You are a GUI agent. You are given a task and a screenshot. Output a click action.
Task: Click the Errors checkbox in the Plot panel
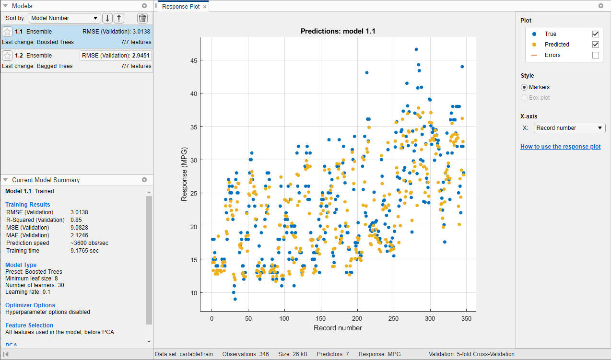(x=596, y=55)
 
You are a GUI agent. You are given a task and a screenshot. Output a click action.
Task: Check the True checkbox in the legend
(x=596, y=34)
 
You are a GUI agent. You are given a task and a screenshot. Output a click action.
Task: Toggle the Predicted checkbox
(x=596, y=45)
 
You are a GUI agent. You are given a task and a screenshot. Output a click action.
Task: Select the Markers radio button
(x=524, y=87)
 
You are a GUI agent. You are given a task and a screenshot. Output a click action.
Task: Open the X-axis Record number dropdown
(x=569, y=128)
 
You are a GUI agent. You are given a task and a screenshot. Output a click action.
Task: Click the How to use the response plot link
(x=560, y=147)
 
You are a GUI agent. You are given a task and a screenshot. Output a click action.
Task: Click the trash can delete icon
(x=142, y=18)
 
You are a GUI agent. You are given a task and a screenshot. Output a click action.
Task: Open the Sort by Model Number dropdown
(x=65, y=18)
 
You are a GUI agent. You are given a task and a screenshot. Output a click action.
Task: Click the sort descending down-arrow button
(x=107, y=18)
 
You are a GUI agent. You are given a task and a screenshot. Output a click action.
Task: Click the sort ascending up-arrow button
(x=119, y=18)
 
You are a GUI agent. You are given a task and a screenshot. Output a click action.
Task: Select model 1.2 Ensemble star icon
(x=7, y=56)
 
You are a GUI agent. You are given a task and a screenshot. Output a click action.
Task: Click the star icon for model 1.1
(x=7, y=32)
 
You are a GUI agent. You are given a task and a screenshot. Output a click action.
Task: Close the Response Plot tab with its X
(x=205, y=7)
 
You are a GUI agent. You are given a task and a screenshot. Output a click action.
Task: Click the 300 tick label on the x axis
(x=430, y=319)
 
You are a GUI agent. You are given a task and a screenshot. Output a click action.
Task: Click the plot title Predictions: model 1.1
(x=338, y=31)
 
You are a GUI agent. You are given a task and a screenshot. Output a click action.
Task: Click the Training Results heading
(x=27, y=205)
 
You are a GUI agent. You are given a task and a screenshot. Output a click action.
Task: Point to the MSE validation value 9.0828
(x=79, y=228)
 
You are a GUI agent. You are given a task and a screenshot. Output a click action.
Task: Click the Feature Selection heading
(x=29, y=325)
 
